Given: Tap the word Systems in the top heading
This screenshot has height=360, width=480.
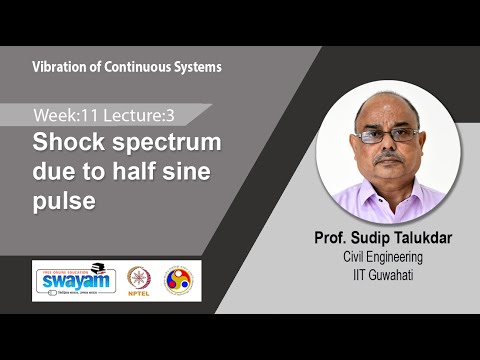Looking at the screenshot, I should point(198,67).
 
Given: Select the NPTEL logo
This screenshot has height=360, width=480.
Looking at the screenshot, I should point(139,279).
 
